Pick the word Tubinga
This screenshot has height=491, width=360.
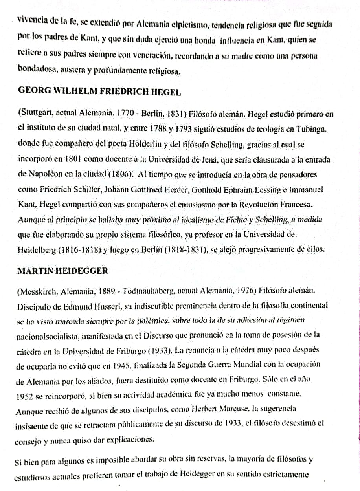(312, 129)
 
